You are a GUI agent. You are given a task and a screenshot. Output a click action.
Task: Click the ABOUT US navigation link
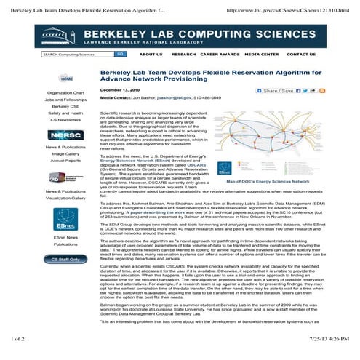(151, 54)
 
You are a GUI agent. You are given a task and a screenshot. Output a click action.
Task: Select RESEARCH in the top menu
(183, 54)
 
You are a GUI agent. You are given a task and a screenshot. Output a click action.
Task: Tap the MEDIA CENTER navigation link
(261, 54)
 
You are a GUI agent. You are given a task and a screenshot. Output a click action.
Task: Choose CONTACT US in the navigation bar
(301, 54)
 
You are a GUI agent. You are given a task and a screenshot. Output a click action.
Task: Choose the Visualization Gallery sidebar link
(65, 198)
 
